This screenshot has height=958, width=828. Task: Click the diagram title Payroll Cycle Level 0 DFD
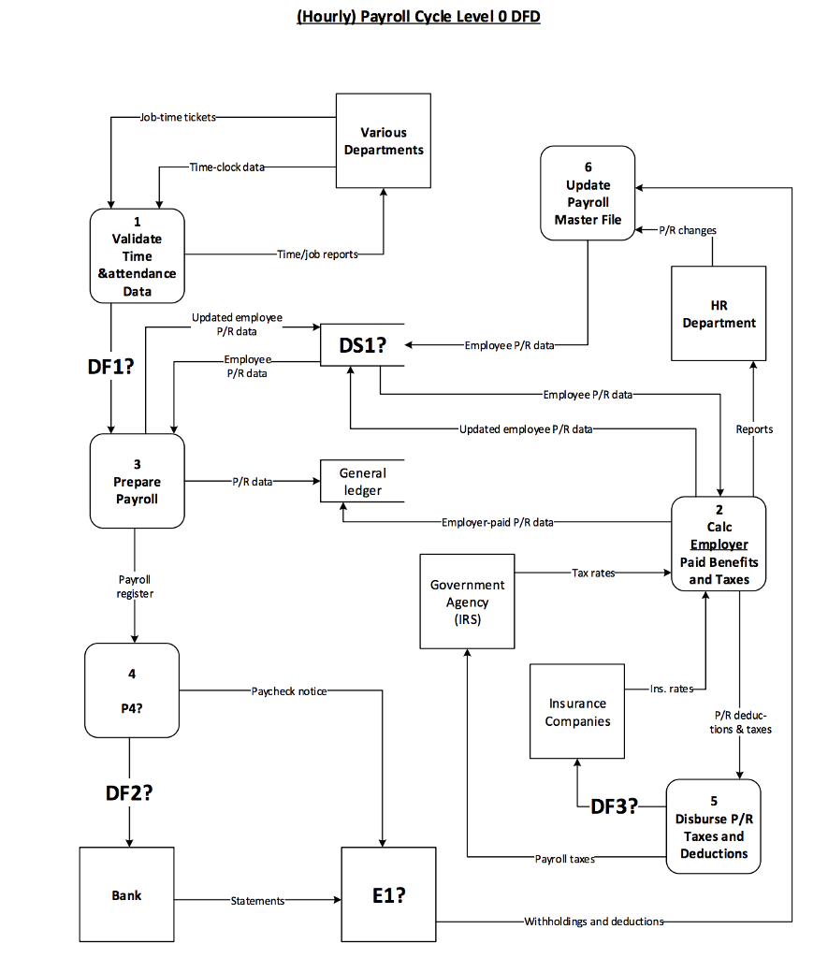[418, 16]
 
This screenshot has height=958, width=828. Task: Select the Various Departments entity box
[384, 140]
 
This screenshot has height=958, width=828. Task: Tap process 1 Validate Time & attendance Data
[137, 255]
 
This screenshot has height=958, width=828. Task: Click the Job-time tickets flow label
[178, 117]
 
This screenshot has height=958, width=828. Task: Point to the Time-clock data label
[227, 167]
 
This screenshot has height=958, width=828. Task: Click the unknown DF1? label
[110, 367]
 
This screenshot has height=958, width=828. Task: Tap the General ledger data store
[362, 482]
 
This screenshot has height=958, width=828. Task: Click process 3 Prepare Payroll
[137, 481]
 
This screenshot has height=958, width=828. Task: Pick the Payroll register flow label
[135, 587]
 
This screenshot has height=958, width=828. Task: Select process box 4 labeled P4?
[132, 690]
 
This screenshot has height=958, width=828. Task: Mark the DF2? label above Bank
[129, 792]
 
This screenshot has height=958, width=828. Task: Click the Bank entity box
[126, 894]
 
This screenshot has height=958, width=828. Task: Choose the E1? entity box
[388, 894]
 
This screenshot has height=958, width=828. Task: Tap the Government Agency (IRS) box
[467, 601]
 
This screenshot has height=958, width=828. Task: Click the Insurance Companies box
[577, 711]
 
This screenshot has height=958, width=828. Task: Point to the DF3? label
[615, 806]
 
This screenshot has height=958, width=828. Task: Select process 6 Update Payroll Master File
[588, 193]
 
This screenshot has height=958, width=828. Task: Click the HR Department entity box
[719, 313]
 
